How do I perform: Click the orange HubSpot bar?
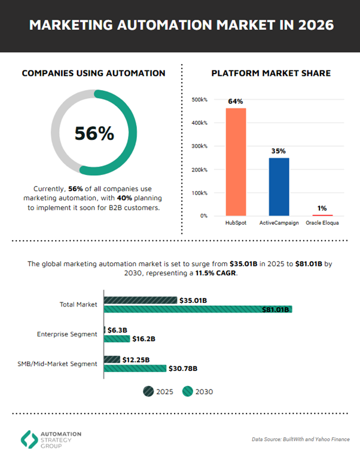pyautogui.click(x=236, y=161)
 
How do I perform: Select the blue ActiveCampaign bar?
pyautogui.click(x=279, y=186)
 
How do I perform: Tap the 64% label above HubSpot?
pyautogui.click(x=236, y=102)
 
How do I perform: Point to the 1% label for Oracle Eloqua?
pyautogui.click(x=322, y=208)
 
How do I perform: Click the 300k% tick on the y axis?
pyautogui.click(x=199, y=146)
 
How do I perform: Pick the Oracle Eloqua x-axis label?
pyautogui.click(x=322, y=223)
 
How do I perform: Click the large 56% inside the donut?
pyautogui.click(x=94, y=133)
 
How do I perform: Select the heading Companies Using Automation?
pyautogui.click(x=94, y=73)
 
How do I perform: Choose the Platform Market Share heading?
pyautogui.click(x=271, y=73)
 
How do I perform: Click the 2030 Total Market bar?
pyautogui.click(x=197, y=309)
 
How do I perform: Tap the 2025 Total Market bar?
pyautogui.click(x=141, y=300)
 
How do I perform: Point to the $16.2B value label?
pyautogui.click(x=144, y=339)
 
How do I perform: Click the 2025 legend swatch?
pyautogui.click(x=148, y=391)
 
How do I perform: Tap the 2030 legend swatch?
pyautogui.click(x=187, y=391)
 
